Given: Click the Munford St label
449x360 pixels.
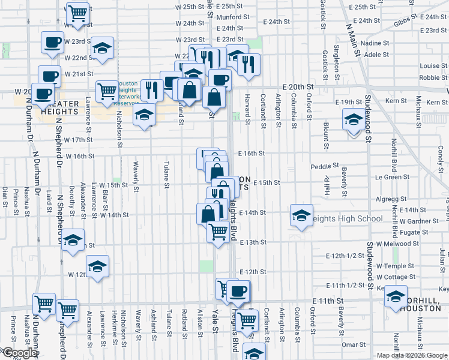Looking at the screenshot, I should (x=232, y=17).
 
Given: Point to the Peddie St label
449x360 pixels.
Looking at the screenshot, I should (x=325, y=166).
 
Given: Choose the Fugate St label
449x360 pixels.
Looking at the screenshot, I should (x=414, y=232).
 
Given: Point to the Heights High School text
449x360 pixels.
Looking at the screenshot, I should (x=345, y=218).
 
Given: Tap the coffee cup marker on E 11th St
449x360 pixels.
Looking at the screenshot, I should (x=238, y=292).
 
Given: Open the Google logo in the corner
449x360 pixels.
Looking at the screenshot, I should (x=19, y=353).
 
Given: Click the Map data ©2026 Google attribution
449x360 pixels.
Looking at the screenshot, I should (x=412, y=355).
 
